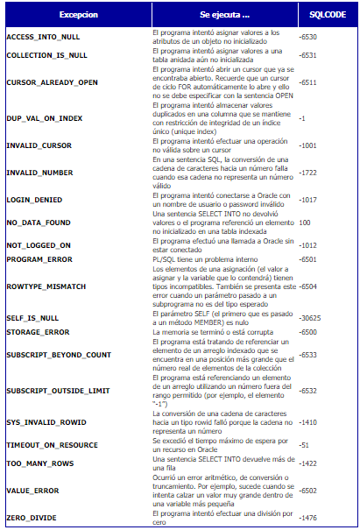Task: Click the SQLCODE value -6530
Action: (x=308, y=37)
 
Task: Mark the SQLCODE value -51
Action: (x=305, y=445)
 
